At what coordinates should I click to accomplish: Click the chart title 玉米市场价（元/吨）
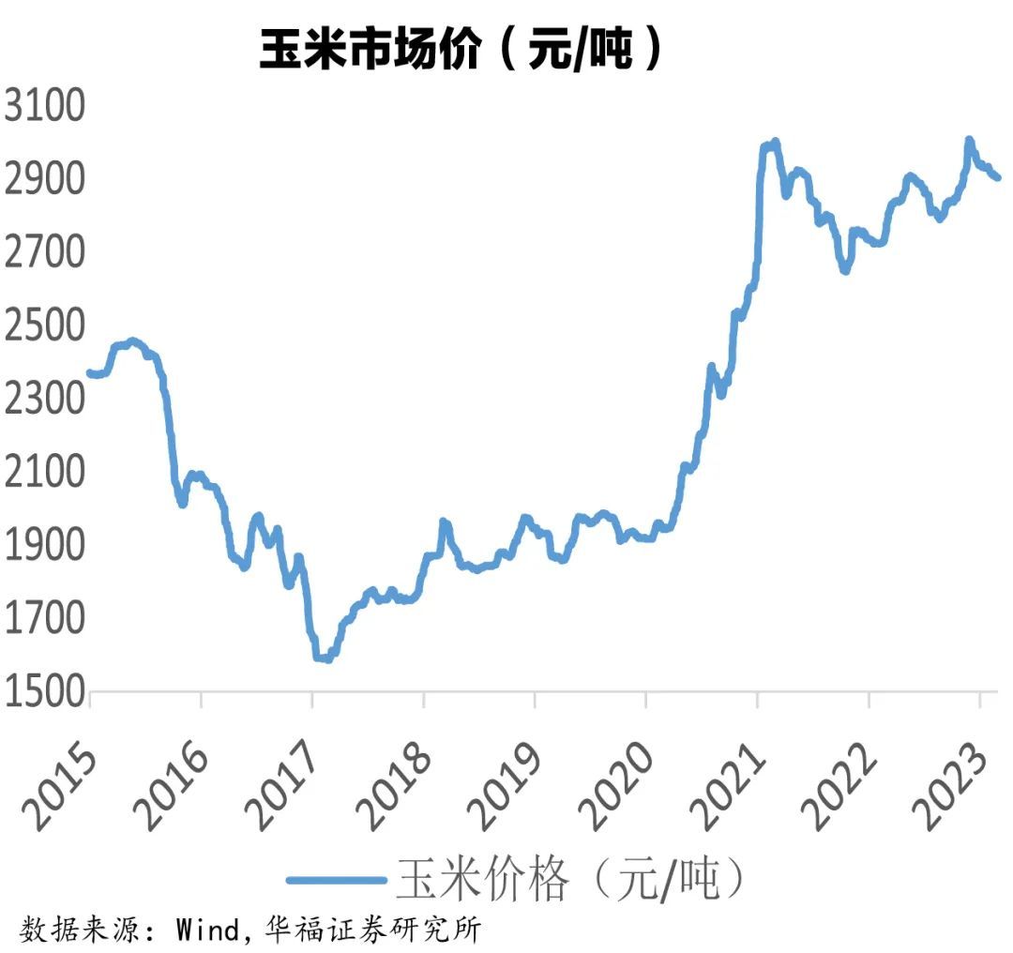461,49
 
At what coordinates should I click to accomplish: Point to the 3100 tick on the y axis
45,105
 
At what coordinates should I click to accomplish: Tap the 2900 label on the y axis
45,178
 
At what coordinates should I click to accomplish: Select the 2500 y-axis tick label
45,325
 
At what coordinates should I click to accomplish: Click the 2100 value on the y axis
45,472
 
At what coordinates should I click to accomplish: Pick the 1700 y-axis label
45,618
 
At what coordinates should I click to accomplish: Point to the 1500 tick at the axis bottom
45,691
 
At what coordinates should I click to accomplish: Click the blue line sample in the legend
336,880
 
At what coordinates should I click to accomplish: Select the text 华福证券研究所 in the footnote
372,930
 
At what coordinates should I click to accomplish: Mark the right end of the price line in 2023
999,177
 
